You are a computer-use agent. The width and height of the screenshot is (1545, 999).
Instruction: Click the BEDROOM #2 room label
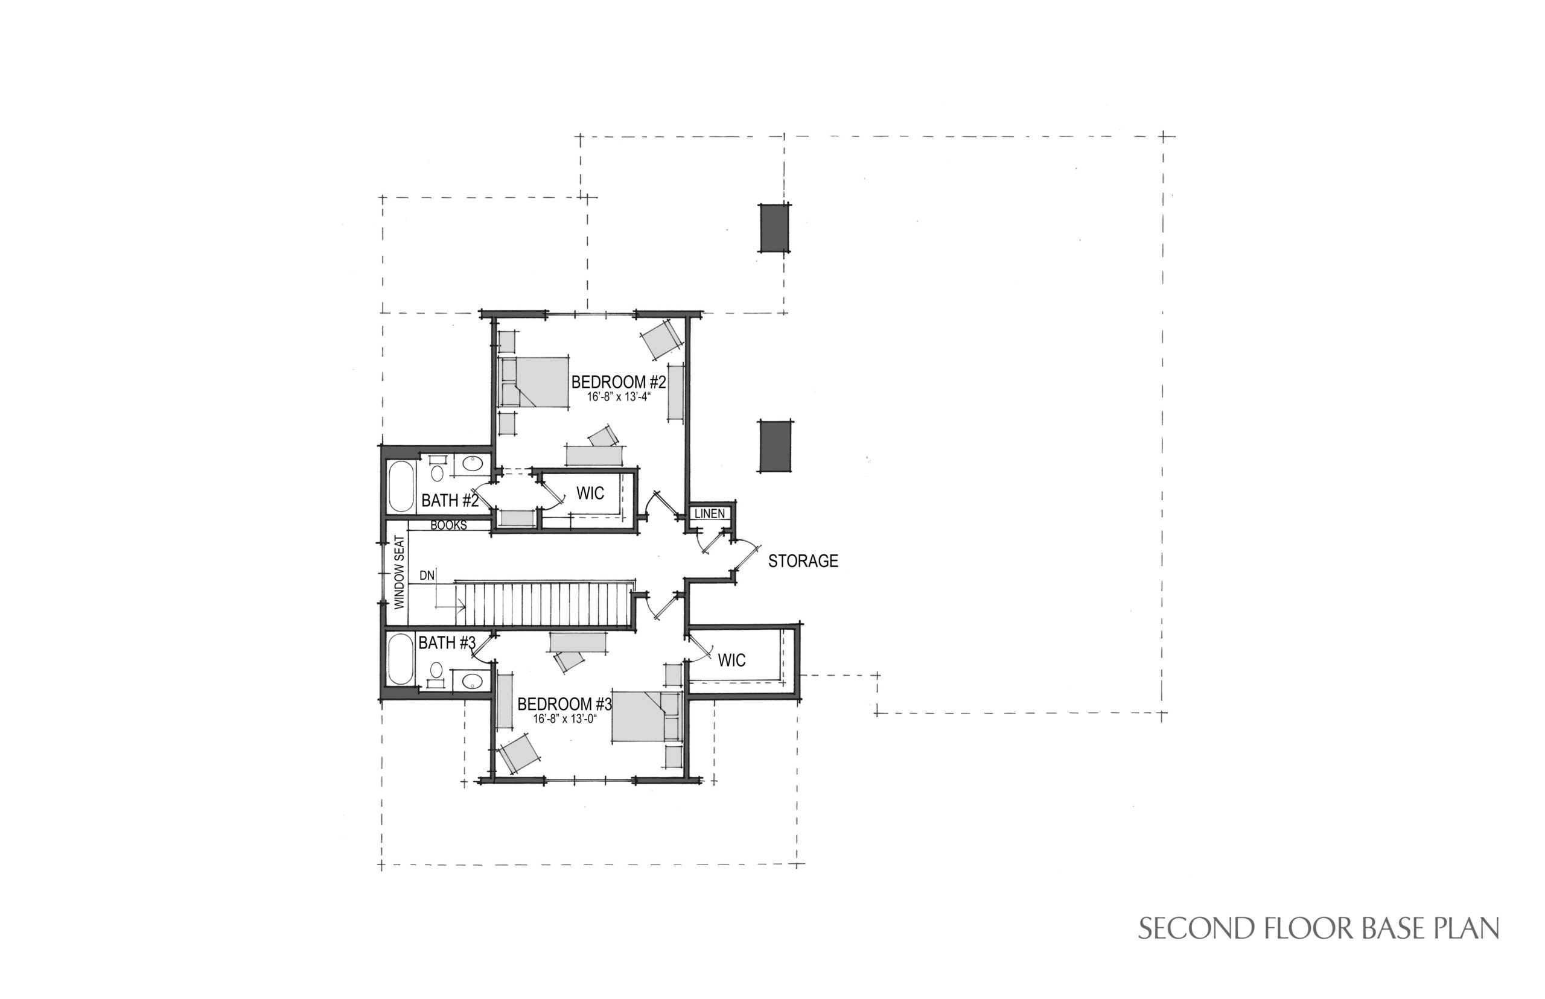tap(619, 382)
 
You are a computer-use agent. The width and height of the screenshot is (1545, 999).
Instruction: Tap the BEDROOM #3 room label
tap(564, 704)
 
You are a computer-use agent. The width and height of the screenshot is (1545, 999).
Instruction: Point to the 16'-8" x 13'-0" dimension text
tap(564, 718)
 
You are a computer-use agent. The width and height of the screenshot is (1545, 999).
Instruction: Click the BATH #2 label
tap(450, 501)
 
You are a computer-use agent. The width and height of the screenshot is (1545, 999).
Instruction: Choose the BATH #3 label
tap(447, 643)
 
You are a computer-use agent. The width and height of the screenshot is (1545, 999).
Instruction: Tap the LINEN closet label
tap(709, 514)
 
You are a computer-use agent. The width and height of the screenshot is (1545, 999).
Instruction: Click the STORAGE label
tap(803, 561)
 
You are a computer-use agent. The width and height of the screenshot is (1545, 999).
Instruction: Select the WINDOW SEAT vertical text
tap(399, 571)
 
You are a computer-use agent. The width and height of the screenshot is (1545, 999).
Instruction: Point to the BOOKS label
tap(448, 525)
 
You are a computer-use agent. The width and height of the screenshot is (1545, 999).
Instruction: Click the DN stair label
tap(426, 576)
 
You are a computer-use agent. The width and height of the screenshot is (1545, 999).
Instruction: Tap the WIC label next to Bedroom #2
tap(590, 493)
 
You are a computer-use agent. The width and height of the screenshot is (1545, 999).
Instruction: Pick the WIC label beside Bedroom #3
tap(731, 661)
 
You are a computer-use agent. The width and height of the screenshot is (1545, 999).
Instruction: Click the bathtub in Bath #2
tap(401, 486)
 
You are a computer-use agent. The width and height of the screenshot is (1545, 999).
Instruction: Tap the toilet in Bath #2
tap(438, 469)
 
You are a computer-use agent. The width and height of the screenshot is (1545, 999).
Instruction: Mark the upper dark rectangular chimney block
tap(775, 227)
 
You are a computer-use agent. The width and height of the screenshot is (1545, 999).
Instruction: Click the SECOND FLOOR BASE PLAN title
tap(1319, 928)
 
